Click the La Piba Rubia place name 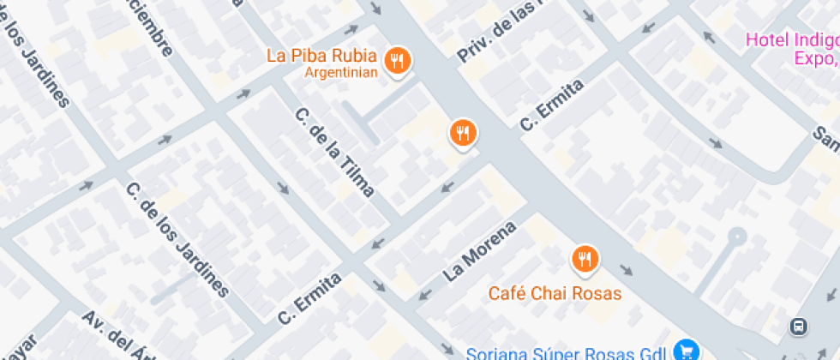pos(321,56)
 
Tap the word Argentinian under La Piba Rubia pos(341,73)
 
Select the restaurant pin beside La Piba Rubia pos(397,60)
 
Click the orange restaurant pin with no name pos(463,132)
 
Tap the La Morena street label pos(480,252)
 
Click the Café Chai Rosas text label pos(555,293)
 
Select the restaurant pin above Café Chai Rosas pos(585,258)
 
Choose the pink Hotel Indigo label pos(791,39)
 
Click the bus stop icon pos(799,326)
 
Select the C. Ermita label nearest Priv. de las pos(552,105)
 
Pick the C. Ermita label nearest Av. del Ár pos(309,299)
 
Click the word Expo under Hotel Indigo pos(815,58)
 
